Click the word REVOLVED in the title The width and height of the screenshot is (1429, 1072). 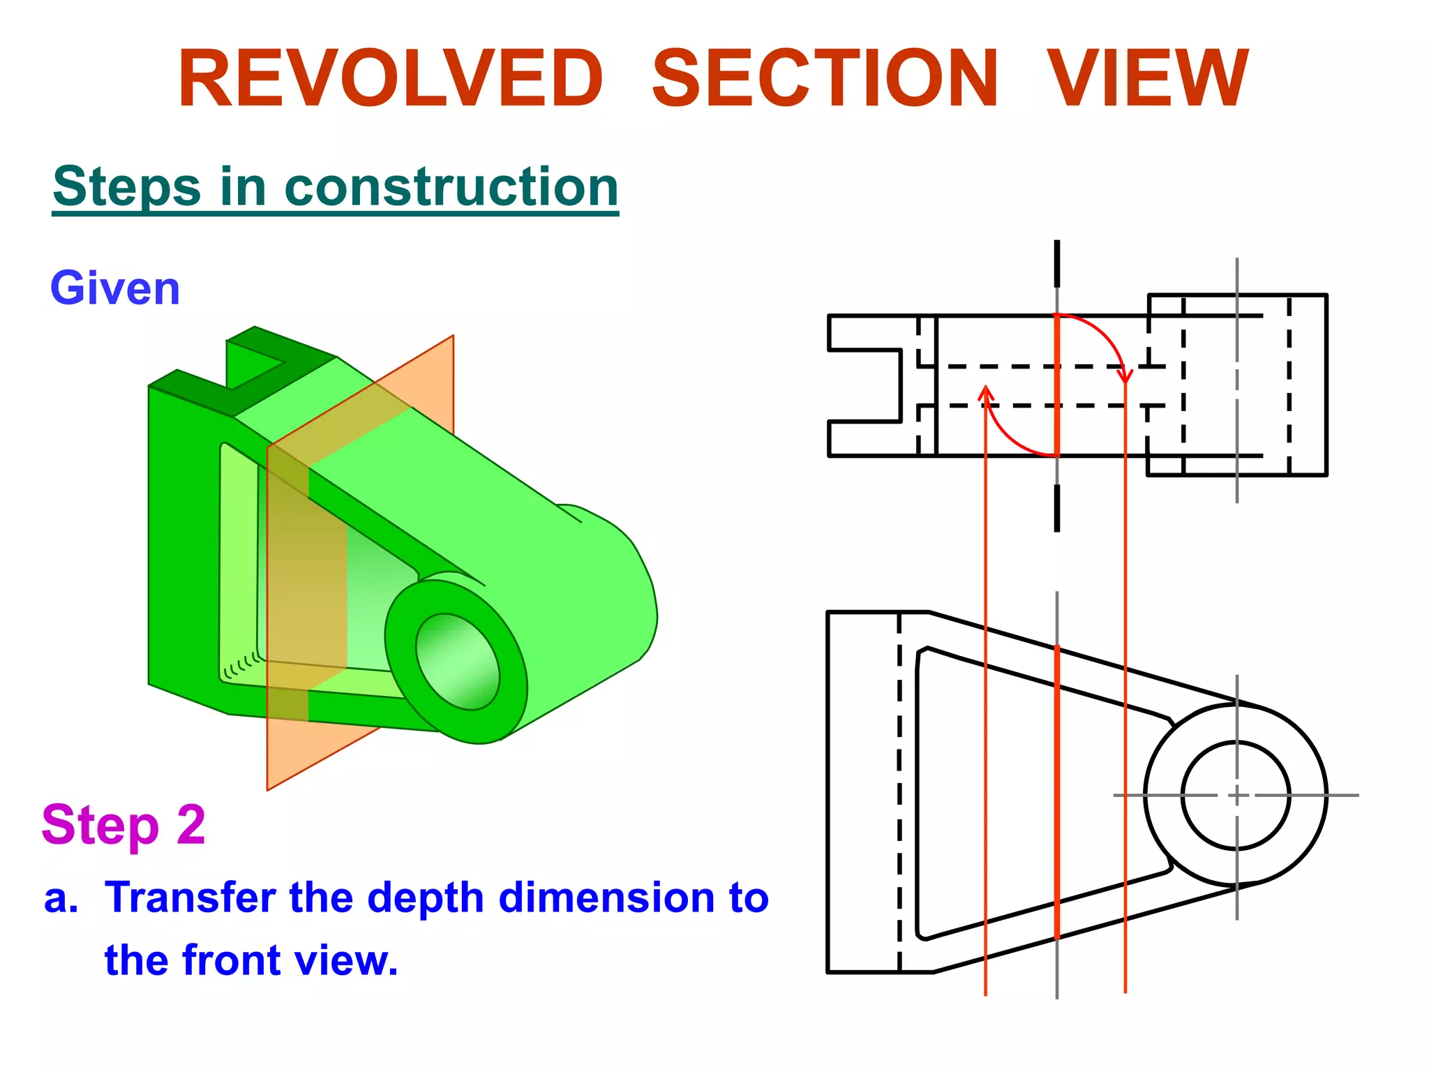coord(390,78)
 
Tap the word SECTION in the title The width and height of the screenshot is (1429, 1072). coord(825,78)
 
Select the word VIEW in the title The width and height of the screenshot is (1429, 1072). coord(1148,78)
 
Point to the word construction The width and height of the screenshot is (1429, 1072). coord(451,187)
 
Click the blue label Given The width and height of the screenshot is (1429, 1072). coord(115,288)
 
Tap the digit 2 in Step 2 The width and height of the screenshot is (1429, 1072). coord(190,825)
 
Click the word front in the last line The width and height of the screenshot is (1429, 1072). coord(230,961)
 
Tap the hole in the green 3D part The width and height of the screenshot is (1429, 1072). coord(457,662)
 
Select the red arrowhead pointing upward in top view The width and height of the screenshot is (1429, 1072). coord(985,392)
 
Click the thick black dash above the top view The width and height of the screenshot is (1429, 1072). coord(1057,263)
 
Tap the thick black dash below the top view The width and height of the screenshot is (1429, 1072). coord(1057,508)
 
